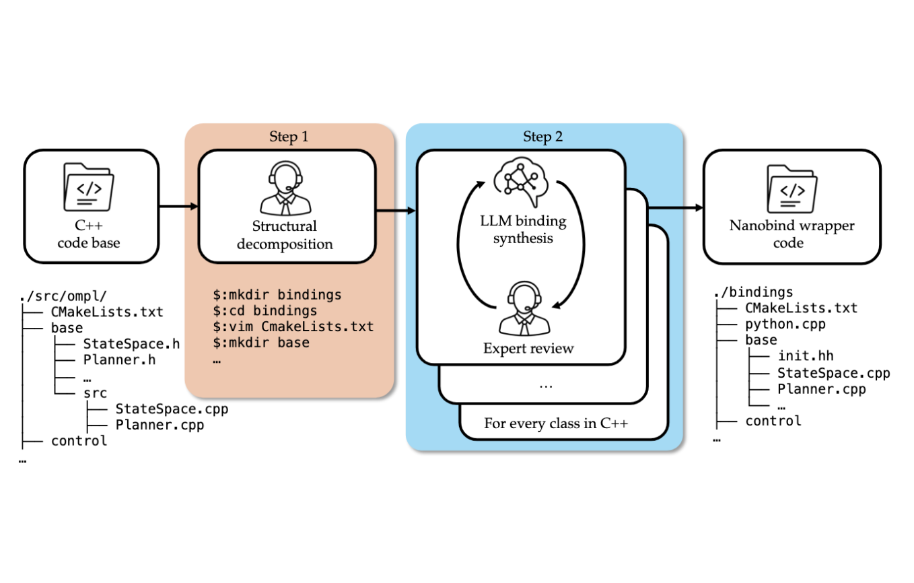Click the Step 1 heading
click(289, 137)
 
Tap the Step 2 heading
click(544, 137)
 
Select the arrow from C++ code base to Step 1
click(178, 206)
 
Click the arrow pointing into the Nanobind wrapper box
click(675, 207)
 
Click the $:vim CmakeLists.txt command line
click(293, 327)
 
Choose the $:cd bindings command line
click(265, 311)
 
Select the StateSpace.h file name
click(131, 344)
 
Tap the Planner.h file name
click(119, 360)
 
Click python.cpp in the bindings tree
click(785, 324)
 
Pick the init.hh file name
click(806, 356)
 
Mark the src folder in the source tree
click(95, 392)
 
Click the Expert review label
click(528, 348)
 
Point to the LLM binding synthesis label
click(522, 230)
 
